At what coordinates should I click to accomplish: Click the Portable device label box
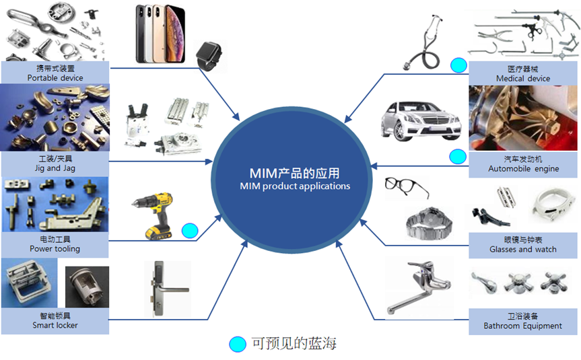[x=55, y=73]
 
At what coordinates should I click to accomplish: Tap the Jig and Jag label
[x=55, y=164]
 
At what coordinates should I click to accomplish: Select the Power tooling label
[x=55, y=244]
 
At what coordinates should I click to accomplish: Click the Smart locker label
[x=55, y=321]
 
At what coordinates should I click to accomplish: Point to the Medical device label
[x=523, y=73]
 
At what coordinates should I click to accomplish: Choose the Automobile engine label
[x=523, y=164]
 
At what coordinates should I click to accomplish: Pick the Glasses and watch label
[x=523, y=245]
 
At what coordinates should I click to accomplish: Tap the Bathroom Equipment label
[x=523, y=322]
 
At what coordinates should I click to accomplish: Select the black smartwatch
[x=209, y=56]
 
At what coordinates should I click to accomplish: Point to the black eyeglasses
[x=407, y=187]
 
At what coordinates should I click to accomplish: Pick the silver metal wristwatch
[x=430, y=223]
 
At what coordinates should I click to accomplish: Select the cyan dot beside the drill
[x=190, y=231]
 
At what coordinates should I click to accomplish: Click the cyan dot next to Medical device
[x=458, y=65]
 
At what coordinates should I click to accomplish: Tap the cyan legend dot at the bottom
[x=238, y=344]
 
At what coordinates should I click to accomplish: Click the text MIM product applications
[x=295, y=186]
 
